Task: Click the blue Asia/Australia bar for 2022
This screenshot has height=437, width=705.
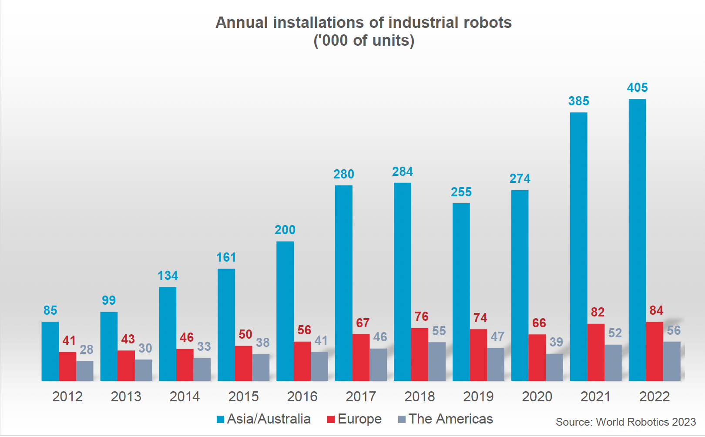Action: tap(637, 239)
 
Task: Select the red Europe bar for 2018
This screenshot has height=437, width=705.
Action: tap(420, 354)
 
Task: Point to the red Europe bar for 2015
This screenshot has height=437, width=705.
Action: tap(243, 363)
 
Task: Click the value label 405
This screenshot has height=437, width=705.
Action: tap(637, 87)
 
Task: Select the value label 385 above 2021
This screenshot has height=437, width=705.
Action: tap(578, 101)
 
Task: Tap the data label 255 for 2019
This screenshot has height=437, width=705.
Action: tap(461, 192)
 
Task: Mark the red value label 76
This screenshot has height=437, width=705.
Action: tap(421, 316)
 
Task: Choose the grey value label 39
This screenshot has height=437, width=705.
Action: tap(556, 342)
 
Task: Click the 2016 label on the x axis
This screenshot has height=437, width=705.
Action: tap(302, 397)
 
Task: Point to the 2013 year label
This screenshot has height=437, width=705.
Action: tap(126, 397)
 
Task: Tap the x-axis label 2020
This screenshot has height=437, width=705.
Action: tap(537, 397)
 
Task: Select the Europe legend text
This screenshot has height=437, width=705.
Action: tap(359, 419)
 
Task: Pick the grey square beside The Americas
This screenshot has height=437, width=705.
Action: tap(402, 419)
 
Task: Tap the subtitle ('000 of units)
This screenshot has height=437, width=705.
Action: tap(364, 40)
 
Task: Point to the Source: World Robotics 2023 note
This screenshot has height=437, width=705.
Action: tap(625, 422)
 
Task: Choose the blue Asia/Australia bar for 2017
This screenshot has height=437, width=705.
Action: tap(343, 283)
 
